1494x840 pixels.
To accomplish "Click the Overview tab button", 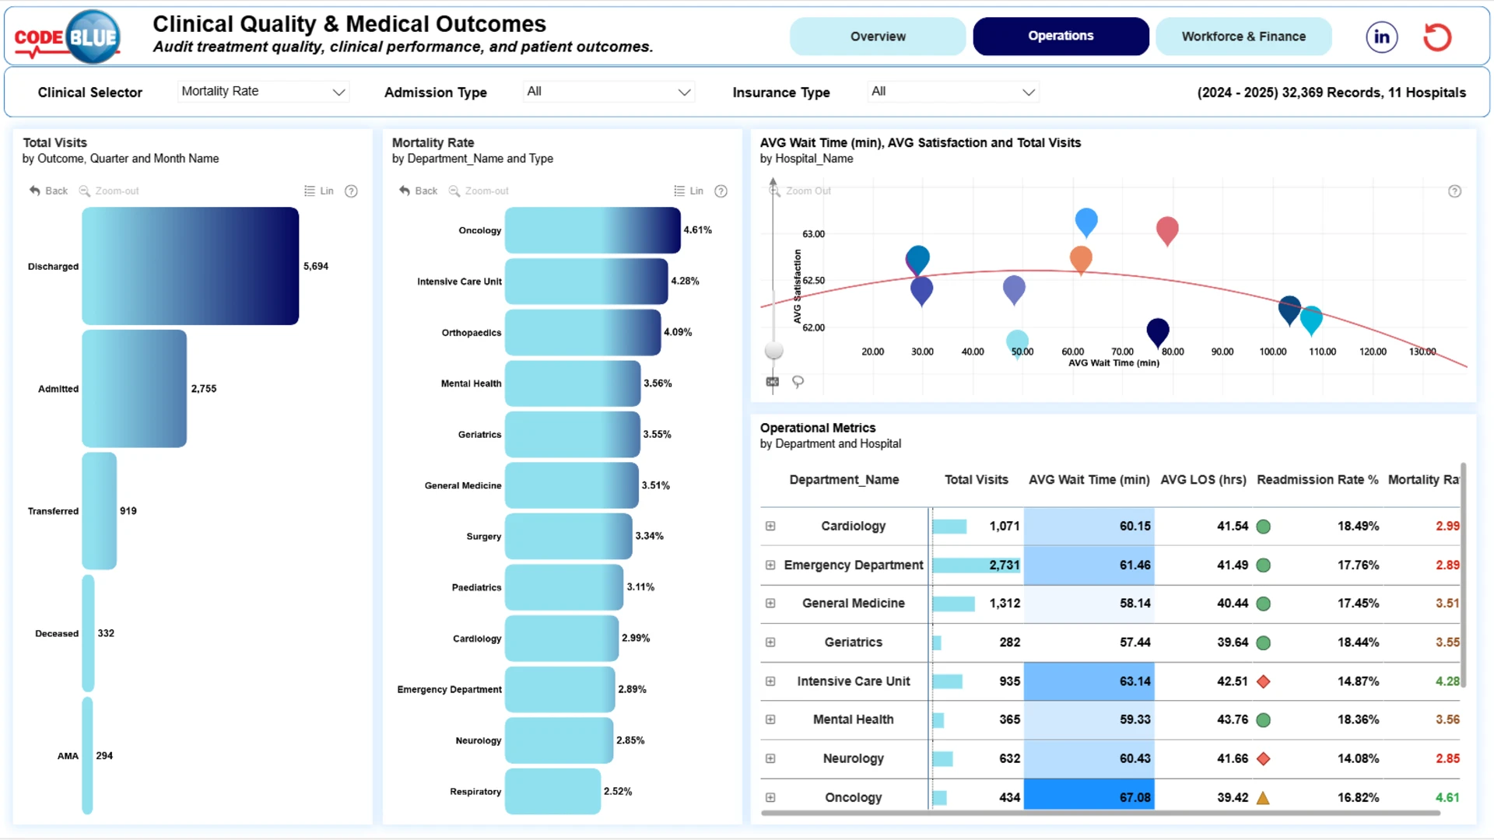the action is point(878,37).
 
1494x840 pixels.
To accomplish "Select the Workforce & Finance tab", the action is point(1243,37).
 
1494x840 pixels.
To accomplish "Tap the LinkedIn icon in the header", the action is point(1382,37).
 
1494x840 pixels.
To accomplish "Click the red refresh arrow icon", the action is point(1437,37).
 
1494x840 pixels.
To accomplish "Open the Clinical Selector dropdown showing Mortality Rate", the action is point(263,92).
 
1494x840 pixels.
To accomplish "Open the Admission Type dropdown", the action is point(608,92).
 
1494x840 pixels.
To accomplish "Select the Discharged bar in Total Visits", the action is point(191,266).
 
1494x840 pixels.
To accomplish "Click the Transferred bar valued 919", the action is point(100,511).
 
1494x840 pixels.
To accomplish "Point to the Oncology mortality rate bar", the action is point(593,230).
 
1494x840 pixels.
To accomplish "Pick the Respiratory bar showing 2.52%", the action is point(553,791).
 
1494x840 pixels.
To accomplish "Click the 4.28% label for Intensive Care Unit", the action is point(686,281).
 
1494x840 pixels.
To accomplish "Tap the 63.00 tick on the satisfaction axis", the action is point(813,234).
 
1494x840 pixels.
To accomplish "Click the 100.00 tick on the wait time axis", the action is point(1273,352).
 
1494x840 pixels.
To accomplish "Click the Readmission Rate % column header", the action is point(1317,480).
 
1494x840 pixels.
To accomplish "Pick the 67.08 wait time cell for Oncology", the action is point(1089,797).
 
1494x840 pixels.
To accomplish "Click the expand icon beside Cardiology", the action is point(770,527).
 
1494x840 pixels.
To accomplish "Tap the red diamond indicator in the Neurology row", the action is point(1264,758).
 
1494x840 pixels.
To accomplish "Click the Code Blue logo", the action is point(68,37).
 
